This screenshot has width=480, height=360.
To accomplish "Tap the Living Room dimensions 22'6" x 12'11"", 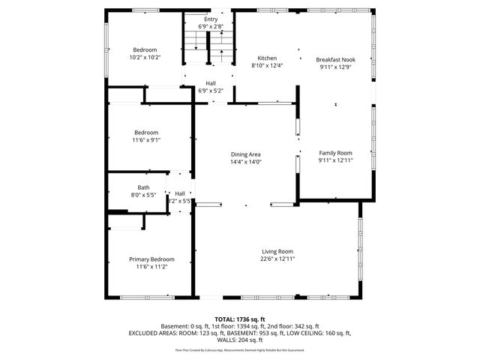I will click(x=277, y=259).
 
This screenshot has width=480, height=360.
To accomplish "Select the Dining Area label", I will click(x=245, y=154).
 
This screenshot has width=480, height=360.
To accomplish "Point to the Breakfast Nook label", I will click(x=334, y=58).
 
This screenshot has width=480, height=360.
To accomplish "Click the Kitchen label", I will click(x=267, y=58).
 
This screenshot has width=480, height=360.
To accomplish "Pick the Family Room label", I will click(x=334, y=152).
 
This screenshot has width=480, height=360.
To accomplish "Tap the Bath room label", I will click(x=143, y=187).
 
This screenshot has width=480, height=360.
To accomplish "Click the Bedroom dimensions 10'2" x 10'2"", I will click(x=145, y=57).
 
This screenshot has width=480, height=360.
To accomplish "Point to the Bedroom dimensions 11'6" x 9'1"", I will click(x=146, y=139).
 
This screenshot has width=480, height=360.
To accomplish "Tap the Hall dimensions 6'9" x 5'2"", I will click(x=211, y=91).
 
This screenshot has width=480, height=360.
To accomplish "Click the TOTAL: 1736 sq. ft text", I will click(x=240, y=319).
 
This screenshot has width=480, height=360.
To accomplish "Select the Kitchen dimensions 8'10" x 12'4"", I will click(x=267, y=66).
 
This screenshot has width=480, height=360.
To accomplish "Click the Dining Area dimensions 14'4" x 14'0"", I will click(x=245, y=161).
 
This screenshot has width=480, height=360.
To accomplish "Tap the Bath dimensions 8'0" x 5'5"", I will click(x=143, y=195).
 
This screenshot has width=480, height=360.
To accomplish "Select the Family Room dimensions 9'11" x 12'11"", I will click(x=334, y=160).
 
